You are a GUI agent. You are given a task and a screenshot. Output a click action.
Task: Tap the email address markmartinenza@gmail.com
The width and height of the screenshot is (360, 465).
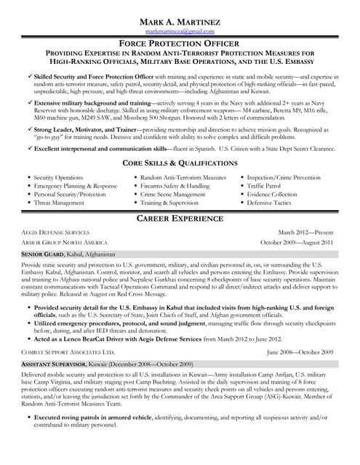(x=180, y=32)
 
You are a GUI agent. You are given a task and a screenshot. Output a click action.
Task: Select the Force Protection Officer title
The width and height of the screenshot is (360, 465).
(x=180, y=44)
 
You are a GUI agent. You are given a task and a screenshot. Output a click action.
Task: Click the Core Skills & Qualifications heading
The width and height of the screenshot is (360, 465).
(x=180, y=162)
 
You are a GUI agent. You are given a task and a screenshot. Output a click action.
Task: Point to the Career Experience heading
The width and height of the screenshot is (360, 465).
(x=180, y=219)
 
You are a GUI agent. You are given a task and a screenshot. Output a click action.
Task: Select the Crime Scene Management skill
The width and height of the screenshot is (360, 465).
(x=172, y=195)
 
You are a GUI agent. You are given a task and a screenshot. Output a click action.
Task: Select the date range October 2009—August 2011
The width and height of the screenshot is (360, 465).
(x=297, y=243)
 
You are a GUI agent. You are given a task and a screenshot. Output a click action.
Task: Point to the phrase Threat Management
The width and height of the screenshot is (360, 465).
(x=59, y=203)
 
